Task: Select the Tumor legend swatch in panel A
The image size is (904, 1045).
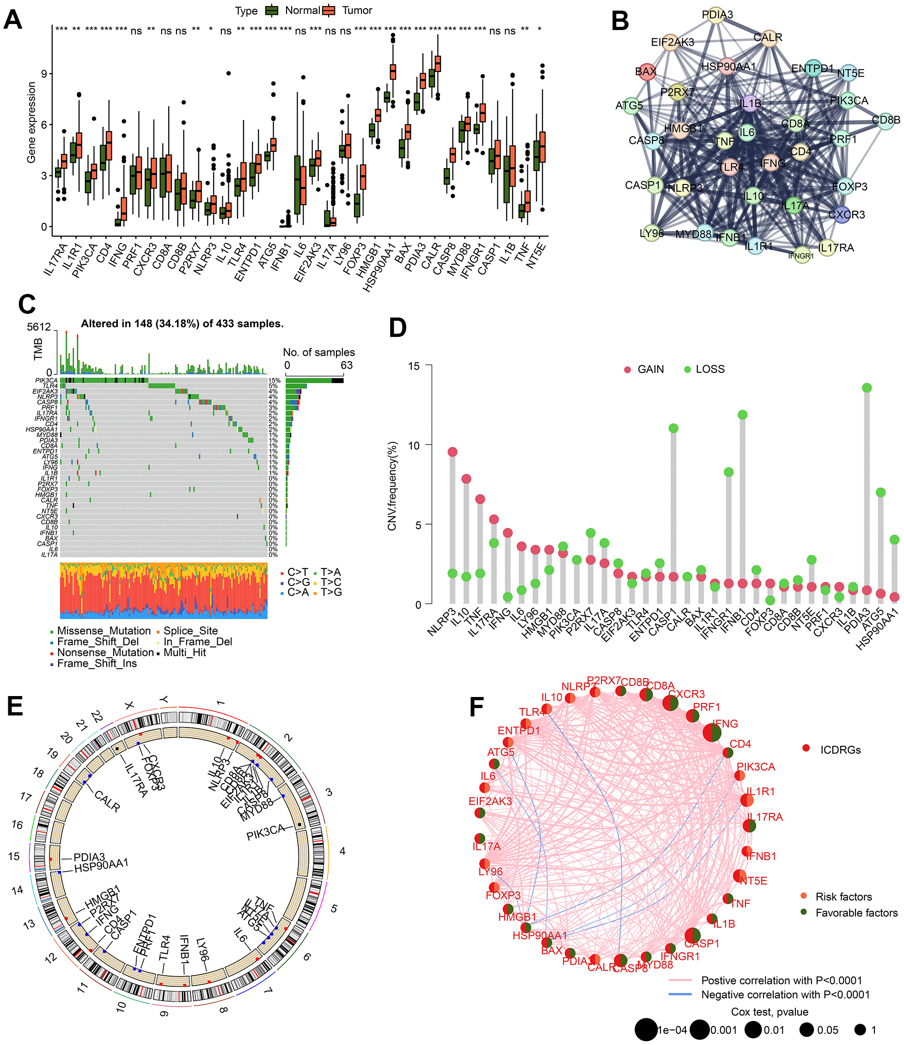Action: (329, 11)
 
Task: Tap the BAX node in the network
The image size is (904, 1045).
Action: (646, 72)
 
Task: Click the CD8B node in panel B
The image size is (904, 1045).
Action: (886, 121)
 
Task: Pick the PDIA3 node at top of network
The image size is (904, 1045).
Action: (717, 15)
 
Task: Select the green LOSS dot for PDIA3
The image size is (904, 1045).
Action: (867, 388)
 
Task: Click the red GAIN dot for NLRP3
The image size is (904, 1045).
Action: (452, 452)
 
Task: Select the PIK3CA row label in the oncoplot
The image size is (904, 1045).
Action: (46, 380)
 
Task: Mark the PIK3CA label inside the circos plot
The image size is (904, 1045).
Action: (265, 833)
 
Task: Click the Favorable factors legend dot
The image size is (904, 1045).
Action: (804, 912)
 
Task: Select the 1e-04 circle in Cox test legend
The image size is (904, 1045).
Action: (645, 1029)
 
